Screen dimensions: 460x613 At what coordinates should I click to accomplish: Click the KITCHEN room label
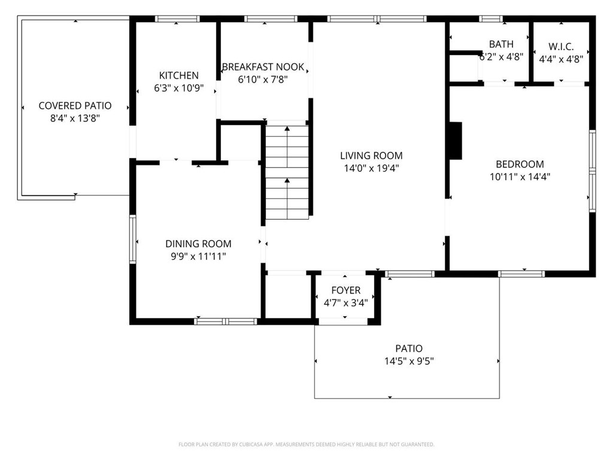[x=178, y=75]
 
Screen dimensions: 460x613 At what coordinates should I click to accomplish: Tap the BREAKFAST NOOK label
[x=263, y=67]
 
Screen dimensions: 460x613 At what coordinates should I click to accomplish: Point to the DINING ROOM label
[x=198, y=244]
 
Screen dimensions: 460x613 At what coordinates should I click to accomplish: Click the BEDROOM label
[x=520, y=164]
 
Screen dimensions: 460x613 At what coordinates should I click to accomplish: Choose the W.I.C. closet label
[x=561, y=46]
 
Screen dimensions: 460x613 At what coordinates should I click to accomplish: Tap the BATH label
[x=500, y=44]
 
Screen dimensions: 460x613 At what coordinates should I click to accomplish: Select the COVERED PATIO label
[x=75, y=106]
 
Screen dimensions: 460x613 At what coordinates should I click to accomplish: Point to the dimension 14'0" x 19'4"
[x=371, y=168]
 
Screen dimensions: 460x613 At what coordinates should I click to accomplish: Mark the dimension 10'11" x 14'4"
[x=520, y=177]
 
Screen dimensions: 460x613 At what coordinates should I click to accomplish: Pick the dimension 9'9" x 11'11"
[x=198, y=256]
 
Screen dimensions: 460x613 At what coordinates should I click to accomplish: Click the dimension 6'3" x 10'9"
[x=178, y=88]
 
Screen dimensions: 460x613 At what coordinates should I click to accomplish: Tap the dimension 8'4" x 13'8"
[x=75, y=119]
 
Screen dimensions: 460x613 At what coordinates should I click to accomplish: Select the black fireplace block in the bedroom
[x=456, y=141]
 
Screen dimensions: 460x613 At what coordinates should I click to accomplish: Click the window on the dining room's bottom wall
[x=226, y=322]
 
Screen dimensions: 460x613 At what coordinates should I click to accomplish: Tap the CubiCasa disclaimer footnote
[x=306, y=444]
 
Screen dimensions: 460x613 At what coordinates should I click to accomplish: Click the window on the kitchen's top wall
[x=177, y=19]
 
